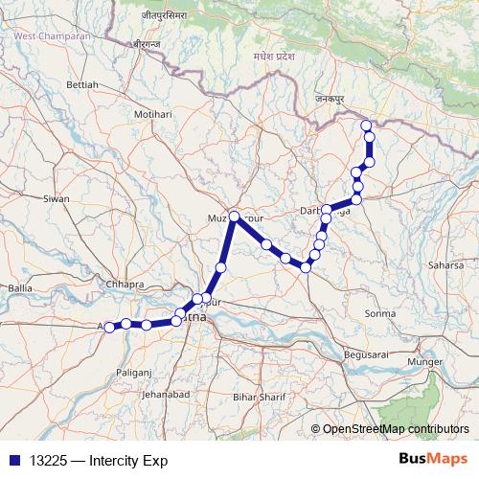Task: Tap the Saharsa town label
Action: pyautogui.click(x=445, y=263)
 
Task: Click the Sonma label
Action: pyautogui.click(x=381, y=313)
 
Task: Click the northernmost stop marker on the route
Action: pyautogui.click(x=365, y=125)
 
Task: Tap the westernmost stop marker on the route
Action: pyautogui.click(x=109, y=327)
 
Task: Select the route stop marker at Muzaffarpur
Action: pyautogui.click(x=234, y=216)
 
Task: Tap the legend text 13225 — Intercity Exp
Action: pyautogui.click(x=92, y=460)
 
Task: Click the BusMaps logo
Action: pyautogui.click(x=433, y=459)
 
